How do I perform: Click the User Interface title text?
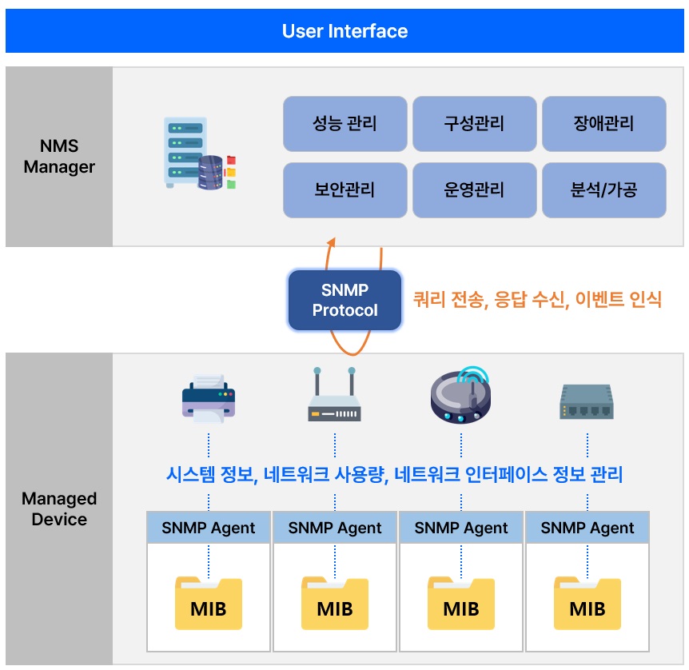click(x=344, y=31)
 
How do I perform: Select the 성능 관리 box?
click(x=345, y=124)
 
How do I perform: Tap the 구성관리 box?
click(x=474, y=124)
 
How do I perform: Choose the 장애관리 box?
click(x=603, y=124)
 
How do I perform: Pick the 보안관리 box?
click(x=345, y=190)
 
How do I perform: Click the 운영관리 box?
click(x=474, y=190)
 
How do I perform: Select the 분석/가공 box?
click(x=603, y=190)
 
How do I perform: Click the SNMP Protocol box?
click(x=344, y=300)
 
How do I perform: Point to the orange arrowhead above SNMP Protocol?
click(x=332, y=242)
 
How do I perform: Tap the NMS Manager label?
click(x=59, y=156)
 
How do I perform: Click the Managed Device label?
click(x=59, y=508)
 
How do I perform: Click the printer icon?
click(x=209, y=398)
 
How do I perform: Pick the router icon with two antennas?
click(x=334, y=394)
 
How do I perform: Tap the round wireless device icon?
click(x=461, y=395)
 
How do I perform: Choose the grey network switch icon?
click(x=587, y=401)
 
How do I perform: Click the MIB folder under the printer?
click(x=209, y=603)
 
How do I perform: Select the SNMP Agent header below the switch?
click(x=587, y=528)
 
